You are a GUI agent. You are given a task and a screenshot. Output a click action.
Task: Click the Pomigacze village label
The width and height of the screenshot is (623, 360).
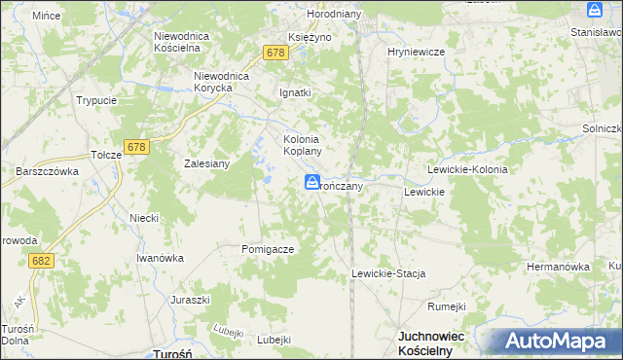[x=267, y=249]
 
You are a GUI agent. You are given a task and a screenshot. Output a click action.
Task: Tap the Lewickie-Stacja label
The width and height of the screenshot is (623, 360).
[x=388, y=274]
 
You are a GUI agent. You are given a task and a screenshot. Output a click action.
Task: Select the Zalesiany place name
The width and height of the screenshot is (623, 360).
[x=206, y=163]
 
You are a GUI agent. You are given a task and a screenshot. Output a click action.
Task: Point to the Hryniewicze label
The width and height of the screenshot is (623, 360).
[x=416, y=52]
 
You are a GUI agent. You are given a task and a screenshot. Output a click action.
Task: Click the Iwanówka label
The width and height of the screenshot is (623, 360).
[x=160, y=258]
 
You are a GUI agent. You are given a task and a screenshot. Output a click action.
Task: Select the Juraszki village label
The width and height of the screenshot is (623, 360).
[x=191, y=300]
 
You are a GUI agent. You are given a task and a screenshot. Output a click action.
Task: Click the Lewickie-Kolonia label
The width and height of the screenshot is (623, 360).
[x=467, y=169]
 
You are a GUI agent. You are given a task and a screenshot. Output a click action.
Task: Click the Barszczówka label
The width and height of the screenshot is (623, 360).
[x=47, y=170]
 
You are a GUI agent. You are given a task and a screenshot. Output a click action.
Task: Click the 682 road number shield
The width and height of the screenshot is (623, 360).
[x=41, y=261]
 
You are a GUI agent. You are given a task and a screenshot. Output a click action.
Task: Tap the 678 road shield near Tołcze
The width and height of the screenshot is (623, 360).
[x=136, y=147]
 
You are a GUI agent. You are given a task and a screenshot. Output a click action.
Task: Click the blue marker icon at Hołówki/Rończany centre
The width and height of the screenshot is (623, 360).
[x=311, y=182]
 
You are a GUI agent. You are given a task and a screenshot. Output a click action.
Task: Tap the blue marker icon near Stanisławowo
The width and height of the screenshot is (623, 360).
[x=595, y=10]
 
